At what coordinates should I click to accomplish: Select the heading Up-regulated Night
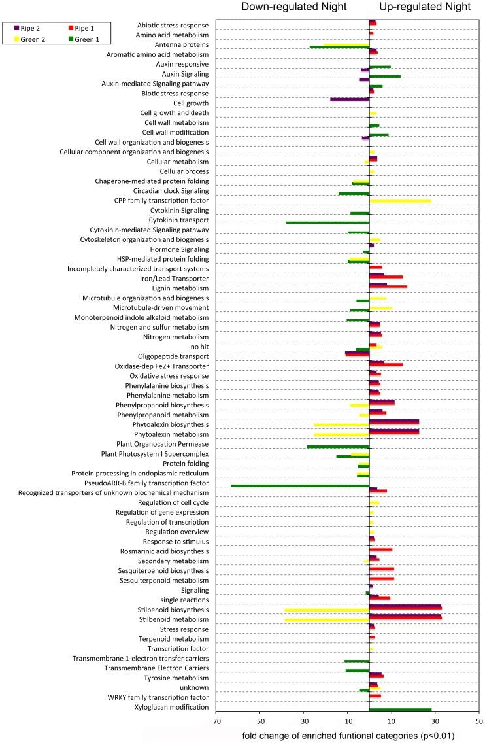pyautogui.click(x=424, y=7)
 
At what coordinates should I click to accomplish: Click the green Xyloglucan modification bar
pyautogui.click(x=400, y=709)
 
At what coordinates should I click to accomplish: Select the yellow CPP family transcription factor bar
pyautogui.click(x=399, y=201)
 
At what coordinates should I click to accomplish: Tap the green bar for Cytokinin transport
pyautogui.click(x=327, y=222)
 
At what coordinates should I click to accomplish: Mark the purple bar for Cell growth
pyautogui.click(x=349, y=99)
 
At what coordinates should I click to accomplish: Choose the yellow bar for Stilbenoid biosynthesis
pyautogui.click(x=326, y=610)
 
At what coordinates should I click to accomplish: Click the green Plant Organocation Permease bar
pyautogui.click(x=338, y=447)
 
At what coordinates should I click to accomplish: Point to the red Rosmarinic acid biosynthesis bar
pyautogui.click(x=380, y=550)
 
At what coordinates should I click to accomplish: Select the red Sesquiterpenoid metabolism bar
pyautogui.click(x=381, y=579)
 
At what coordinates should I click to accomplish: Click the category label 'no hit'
pyautogui.click(x=199, y=347)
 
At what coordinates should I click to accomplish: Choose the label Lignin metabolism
pyautogui.click(x=180, y=288)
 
